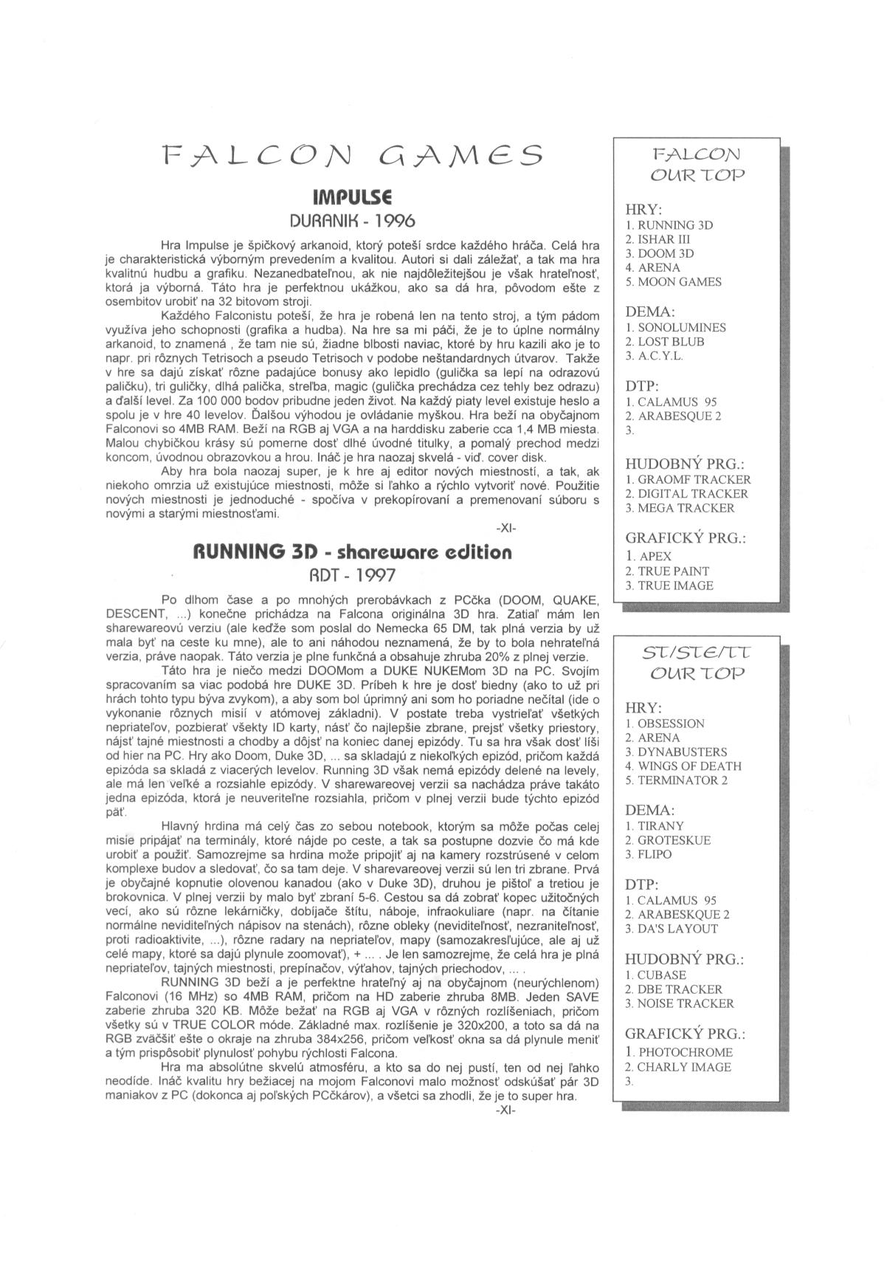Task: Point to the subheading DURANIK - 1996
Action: tap(352, 220)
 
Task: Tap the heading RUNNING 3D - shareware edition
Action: tap(352, 552)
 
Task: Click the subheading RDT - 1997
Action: tap(352, 575)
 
